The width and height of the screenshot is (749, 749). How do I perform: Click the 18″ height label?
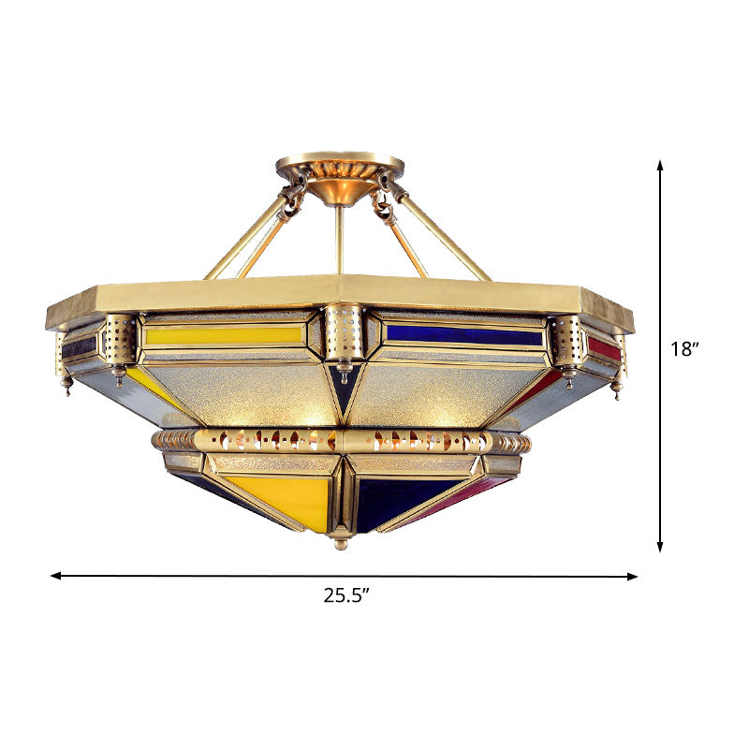tap(686, 350)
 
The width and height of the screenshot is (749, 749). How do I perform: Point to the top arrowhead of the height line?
tap(660, 166)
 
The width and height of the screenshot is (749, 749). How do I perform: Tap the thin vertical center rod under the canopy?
tap(341, 239)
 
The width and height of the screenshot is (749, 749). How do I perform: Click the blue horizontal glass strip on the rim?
tap(463, 334)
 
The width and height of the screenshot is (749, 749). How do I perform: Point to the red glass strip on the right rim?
tap(604, 348)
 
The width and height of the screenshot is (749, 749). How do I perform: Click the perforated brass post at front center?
tap(343, 333)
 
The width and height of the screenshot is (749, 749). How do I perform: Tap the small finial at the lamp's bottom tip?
tap(342, 541)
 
